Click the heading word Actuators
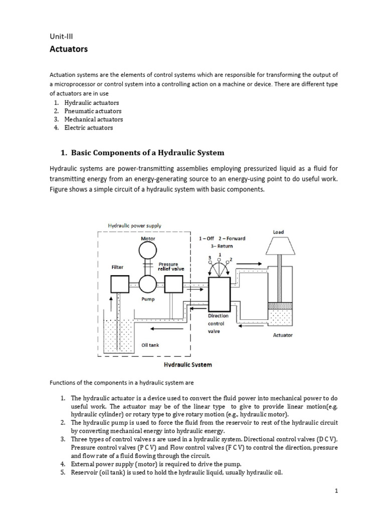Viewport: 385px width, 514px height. pos(68,49)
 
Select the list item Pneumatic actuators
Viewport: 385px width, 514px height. pos(93,111)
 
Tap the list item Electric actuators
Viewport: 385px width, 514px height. pos(89,127)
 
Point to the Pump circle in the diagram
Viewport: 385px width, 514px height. pos(148,284)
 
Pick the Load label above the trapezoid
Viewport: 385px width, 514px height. pos(278,232)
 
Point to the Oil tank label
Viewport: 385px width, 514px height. pos(150,345)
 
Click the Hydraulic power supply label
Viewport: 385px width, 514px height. pos(135,226)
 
